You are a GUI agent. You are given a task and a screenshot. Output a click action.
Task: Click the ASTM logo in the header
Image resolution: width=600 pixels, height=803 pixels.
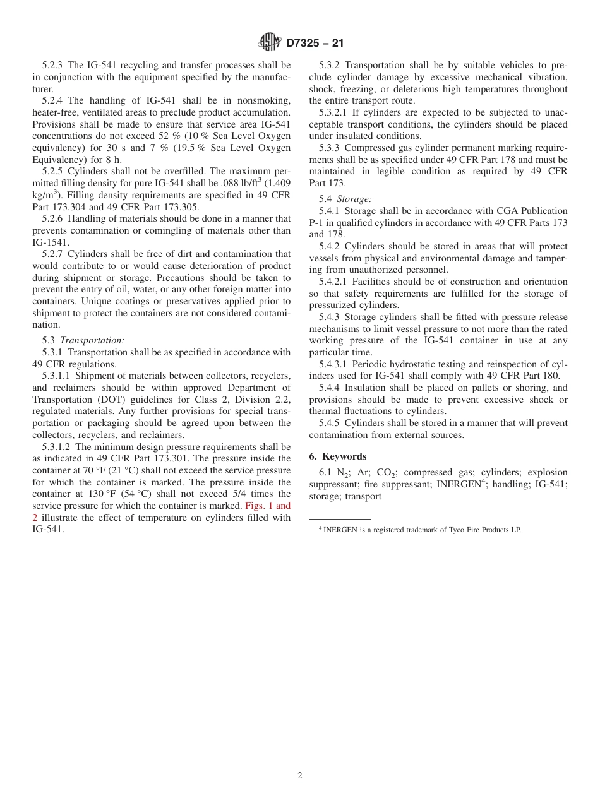pos(270,43)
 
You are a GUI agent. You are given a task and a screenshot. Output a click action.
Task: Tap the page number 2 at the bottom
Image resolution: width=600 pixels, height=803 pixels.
pos(300,776)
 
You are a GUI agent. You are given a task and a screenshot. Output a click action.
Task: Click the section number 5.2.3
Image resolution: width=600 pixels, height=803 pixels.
pos(54,65)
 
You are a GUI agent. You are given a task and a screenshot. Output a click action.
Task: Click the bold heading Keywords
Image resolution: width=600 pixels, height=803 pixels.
pos(344,456)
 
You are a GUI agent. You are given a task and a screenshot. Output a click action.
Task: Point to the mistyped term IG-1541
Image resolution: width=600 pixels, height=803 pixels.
pos(51,242)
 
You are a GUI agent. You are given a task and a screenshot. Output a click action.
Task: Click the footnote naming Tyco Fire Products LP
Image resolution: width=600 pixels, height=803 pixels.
pos(422,530)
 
